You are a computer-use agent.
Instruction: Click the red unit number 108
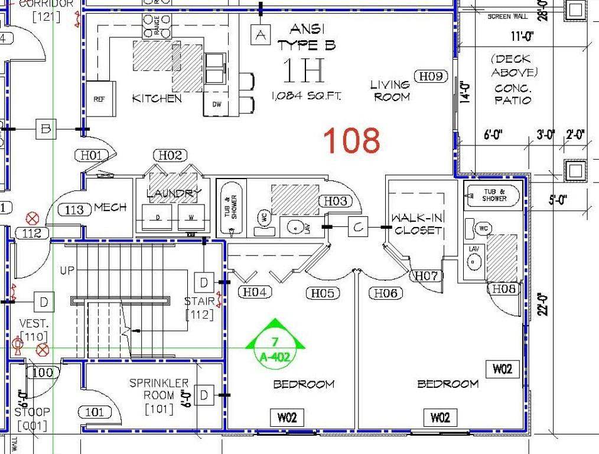tap(352, 141)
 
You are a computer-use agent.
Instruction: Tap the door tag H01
tap(92, 155)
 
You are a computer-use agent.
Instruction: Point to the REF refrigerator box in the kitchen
tap(99, 99)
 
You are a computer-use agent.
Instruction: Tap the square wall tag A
tap(260, 35)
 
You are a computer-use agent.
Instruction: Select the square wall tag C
tap(357, 226)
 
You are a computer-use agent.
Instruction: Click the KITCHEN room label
tap(157, 98)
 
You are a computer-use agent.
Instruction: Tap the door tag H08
tap(504, 288)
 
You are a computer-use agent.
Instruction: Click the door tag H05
tap(323, 293)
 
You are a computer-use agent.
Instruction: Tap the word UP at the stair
tap(67, 271)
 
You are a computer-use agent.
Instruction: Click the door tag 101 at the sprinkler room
tap(95, 412)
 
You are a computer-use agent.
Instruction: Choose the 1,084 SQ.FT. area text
tap(306, 96)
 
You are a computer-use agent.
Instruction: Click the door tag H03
tap(336, 201)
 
